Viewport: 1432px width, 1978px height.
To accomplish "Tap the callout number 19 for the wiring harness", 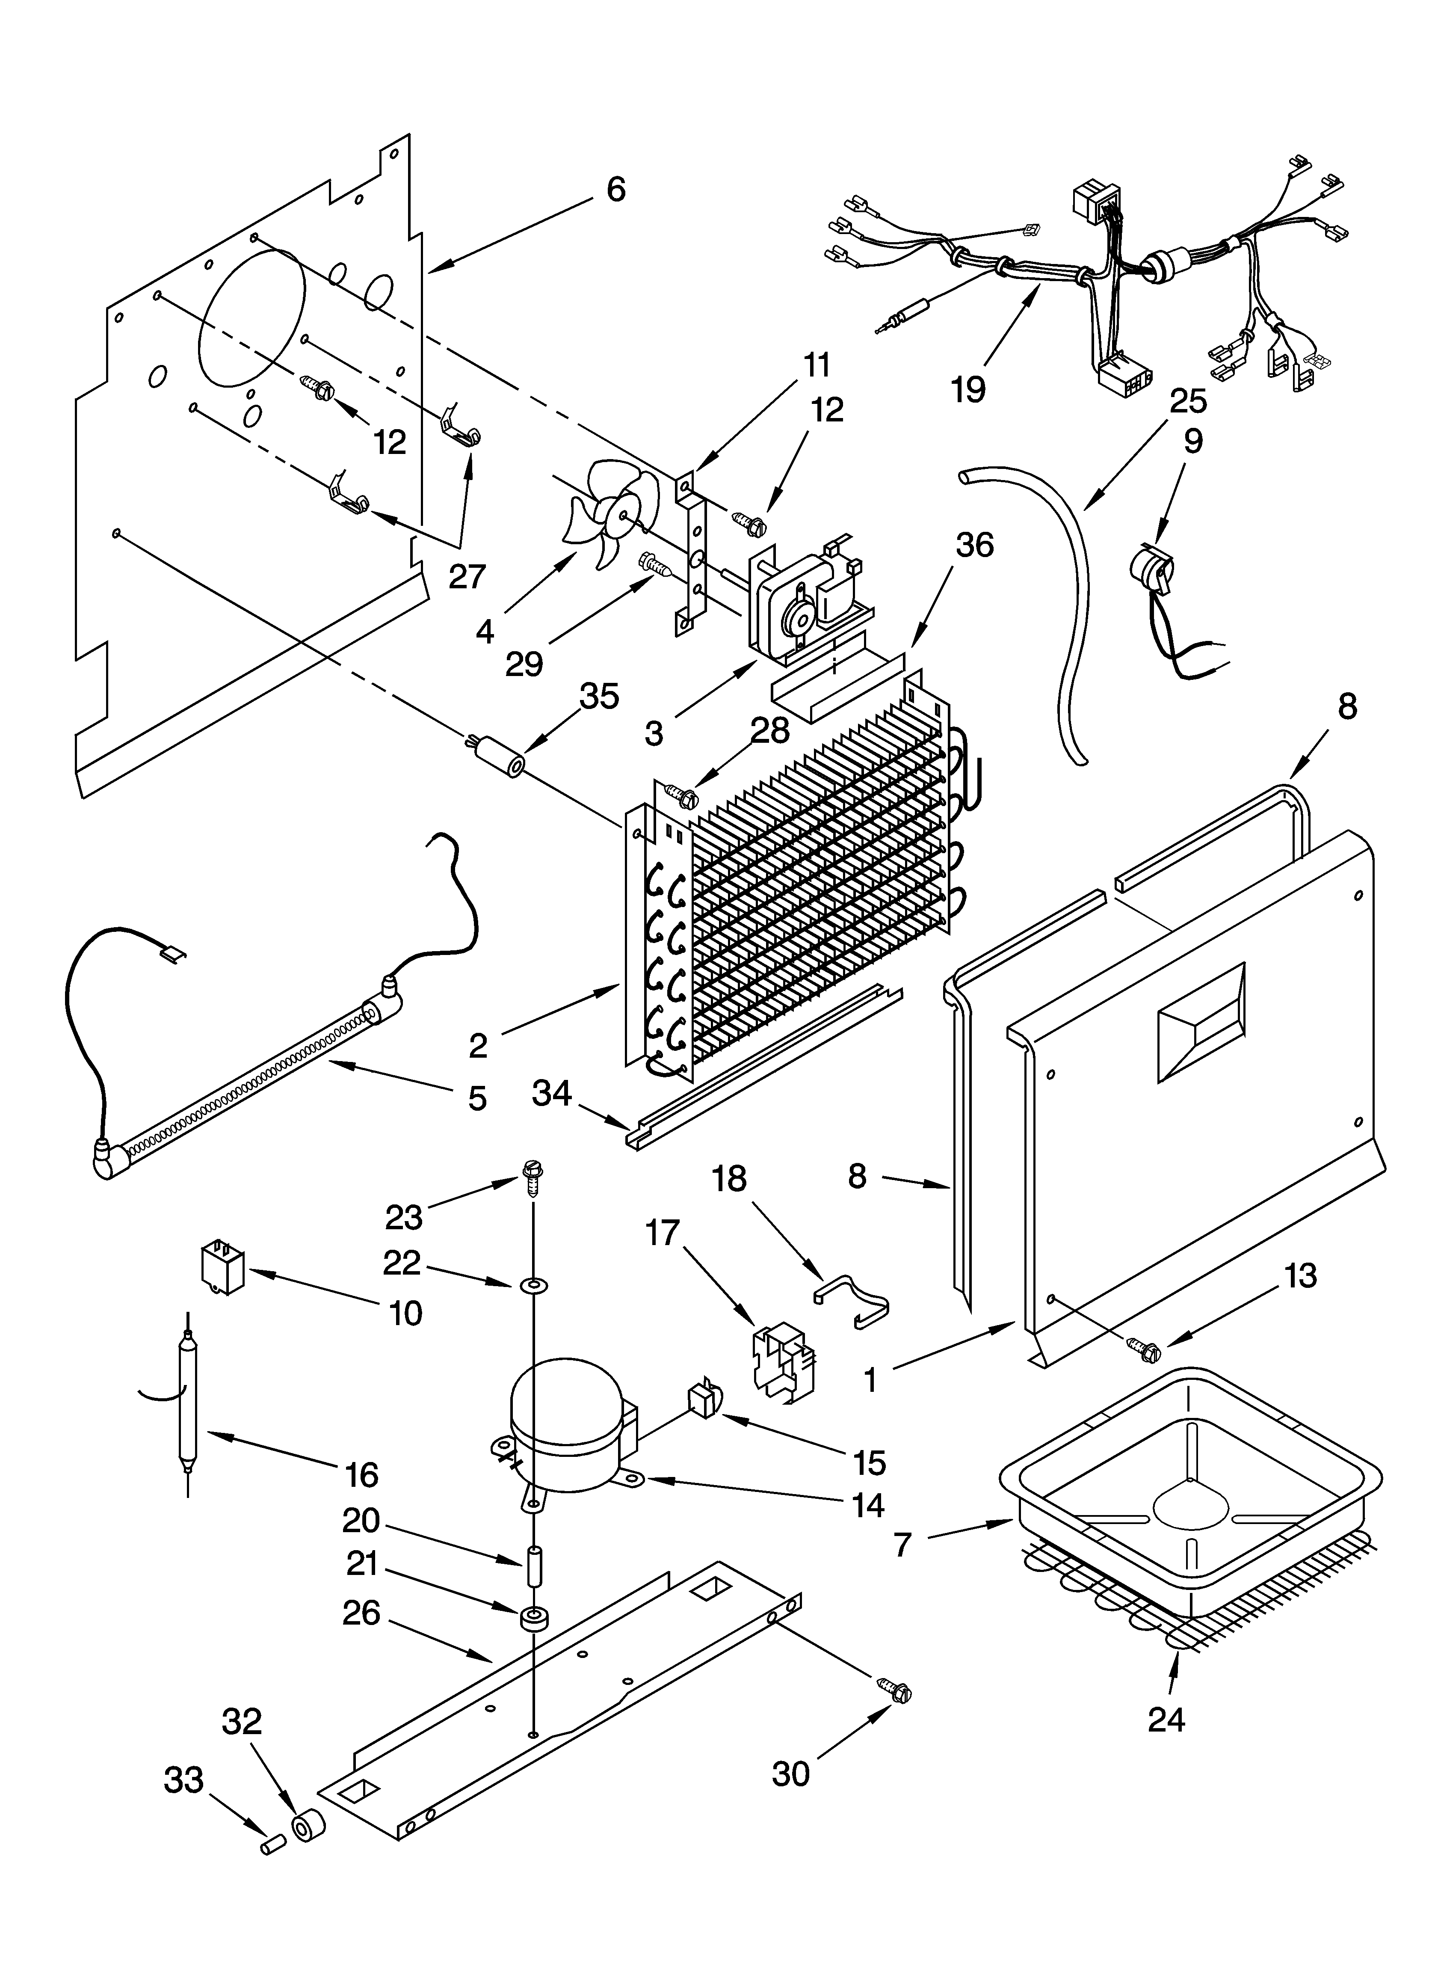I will click(968, 389).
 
